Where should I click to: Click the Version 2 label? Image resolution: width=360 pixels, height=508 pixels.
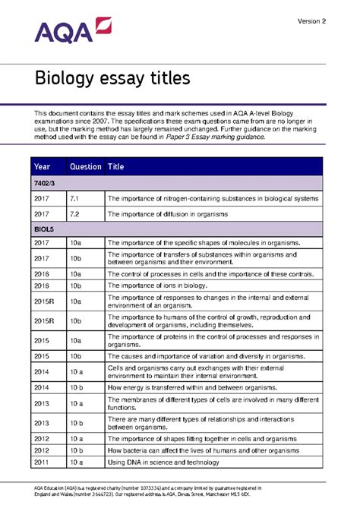pos(311,21)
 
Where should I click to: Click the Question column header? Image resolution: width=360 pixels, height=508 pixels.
pos(84,167)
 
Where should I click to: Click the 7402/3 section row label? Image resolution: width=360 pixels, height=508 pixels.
pos(45,184)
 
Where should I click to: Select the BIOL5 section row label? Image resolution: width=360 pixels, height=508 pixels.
pos(44,227)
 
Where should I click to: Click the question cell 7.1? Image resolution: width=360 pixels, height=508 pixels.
pos(74,199)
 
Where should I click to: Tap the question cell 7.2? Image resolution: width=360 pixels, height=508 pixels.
pos(74,214)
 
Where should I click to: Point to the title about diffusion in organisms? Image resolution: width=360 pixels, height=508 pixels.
pos(167,214)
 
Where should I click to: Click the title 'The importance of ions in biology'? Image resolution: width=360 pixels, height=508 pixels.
pos(158,286)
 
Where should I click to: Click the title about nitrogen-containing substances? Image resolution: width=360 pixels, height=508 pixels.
pos(213,199)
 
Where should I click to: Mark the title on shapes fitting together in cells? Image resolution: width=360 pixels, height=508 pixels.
pos(194,438)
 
